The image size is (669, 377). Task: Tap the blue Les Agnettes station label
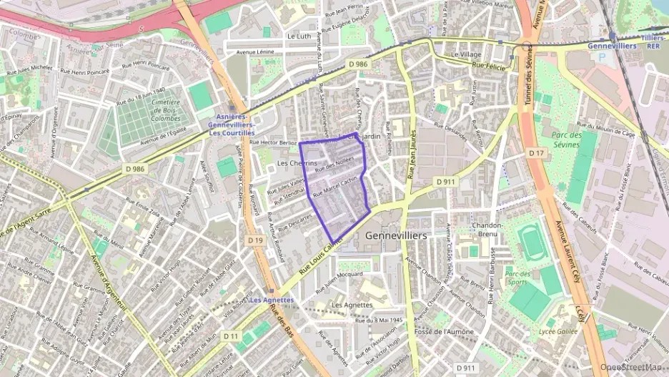272,300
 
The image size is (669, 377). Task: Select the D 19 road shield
255,240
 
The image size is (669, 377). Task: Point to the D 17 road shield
536,153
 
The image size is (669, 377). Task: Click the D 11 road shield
230,336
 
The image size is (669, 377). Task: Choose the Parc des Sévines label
573,139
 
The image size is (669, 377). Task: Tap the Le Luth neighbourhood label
299,35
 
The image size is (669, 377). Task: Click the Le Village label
466,54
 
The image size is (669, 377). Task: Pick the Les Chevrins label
296,164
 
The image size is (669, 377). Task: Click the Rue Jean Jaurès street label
411,159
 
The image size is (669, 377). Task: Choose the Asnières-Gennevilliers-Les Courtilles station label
232,124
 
